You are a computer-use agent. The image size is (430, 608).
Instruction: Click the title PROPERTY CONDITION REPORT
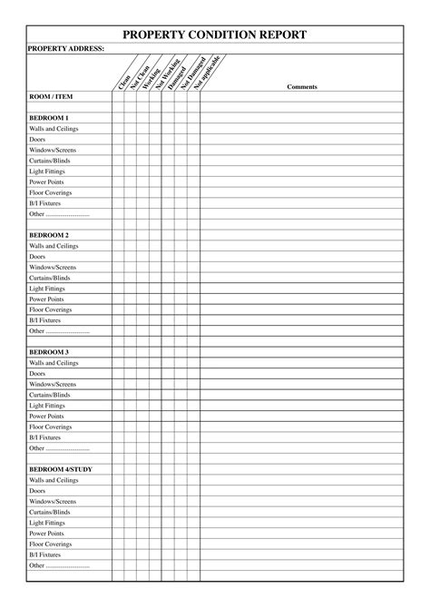click(215, 34)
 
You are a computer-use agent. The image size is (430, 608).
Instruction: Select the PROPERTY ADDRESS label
click(66, 48)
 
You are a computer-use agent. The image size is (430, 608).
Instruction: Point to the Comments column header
click(301, 86)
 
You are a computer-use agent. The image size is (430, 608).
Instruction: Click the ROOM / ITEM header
click(51, 96)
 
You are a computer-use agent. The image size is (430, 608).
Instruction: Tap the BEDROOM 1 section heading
click(49, 118)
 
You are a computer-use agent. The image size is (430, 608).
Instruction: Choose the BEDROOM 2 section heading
click(49, 235)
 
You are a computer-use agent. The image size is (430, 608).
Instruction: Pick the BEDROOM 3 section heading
click(49, 352)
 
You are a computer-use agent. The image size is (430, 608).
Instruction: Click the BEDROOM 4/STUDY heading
click(60, 469)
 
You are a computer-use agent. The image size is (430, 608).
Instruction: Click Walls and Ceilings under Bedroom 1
click(54, 129)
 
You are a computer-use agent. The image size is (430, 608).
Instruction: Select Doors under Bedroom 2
click(37, 257)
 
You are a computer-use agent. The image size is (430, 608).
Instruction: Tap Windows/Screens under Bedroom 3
click(52, 384)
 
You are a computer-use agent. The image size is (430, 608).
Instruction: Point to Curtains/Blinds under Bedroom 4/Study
click(49, 512)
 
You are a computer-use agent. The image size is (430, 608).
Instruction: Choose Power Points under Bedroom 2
click(46, 299)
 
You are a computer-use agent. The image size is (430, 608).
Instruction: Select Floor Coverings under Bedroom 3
click(51, 427)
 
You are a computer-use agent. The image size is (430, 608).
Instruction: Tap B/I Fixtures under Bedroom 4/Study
click(45, 554)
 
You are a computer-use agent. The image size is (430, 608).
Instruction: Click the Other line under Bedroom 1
click(59, 214)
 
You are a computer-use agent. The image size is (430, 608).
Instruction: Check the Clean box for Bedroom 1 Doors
click(118, 140)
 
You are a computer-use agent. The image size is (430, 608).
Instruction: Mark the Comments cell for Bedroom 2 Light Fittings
click(301, 289)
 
